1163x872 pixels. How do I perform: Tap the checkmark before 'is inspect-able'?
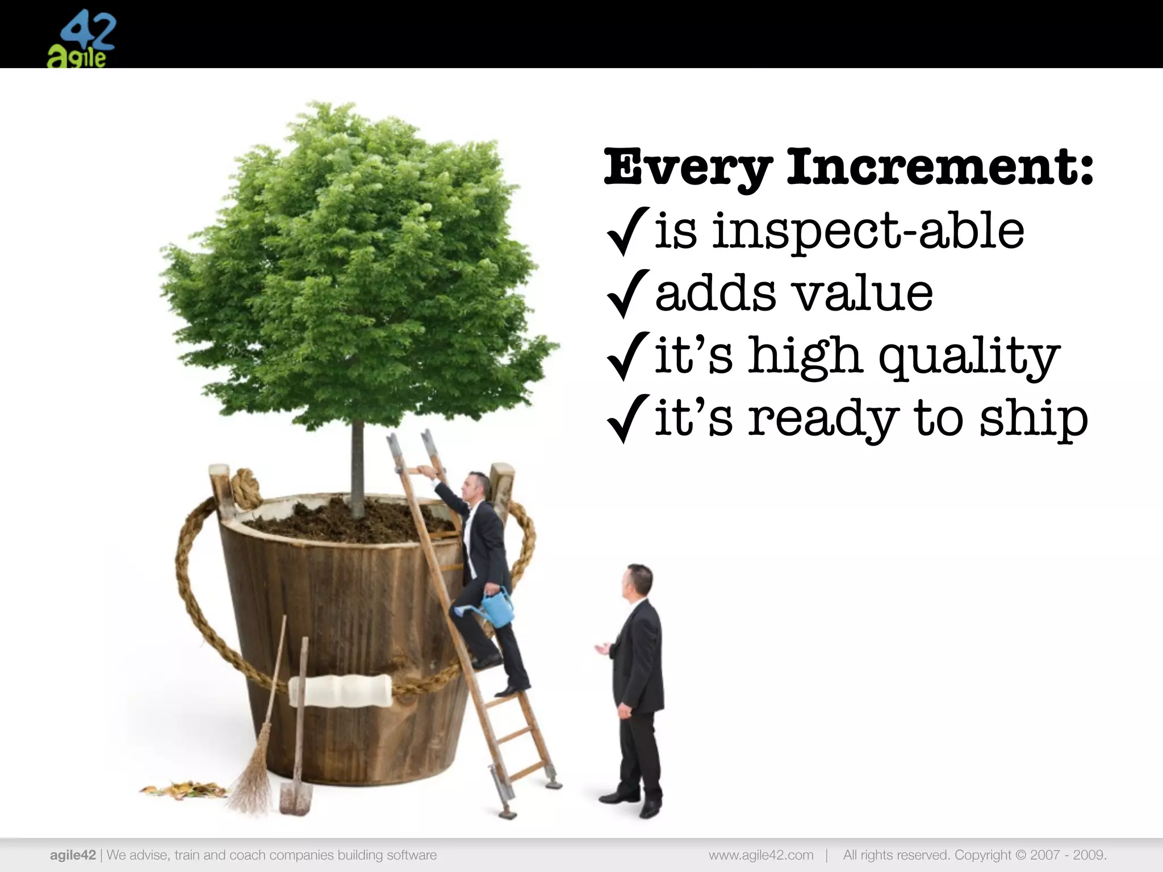627,230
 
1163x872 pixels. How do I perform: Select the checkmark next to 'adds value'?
627,293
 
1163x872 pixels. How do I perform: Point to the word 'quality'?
969,357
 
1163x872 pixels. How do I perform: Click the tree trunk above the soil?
357,466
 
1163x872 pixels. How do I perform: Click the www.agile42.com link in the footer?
760,855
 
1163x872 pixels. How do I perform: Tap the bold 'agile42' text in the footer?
73,855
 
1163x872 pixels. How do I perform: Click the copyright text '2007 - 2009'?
1068,855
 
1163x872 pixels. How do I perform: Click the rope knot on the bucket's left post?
245,487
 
